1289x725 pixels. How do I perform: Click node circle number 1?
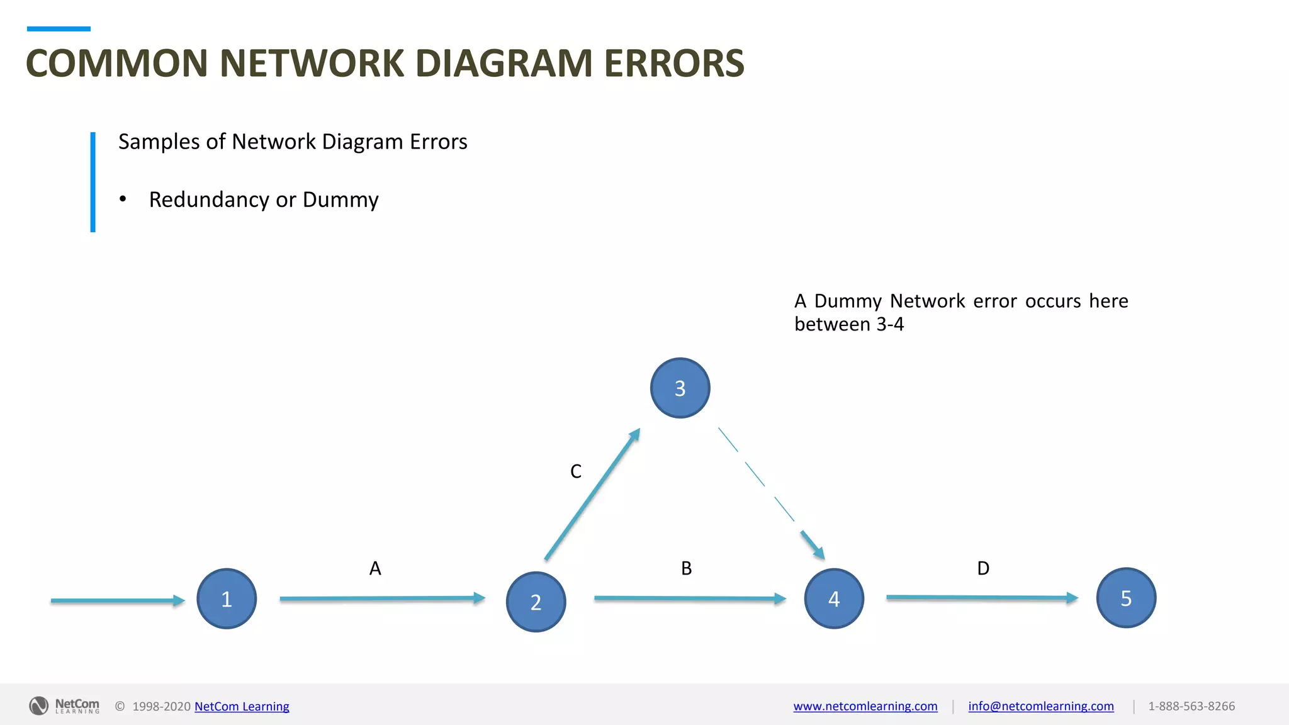click(227, 599)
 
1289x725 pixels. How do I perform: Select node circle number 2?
click(536, 602)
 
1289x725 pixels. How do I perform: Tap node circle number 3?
click(680, 388)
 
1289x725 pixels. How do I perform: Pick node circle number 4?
click(834, 599)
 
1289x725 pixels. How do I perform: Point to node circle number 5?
click(1126, 598)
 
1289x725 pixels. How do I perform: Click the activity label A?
click(375, 568)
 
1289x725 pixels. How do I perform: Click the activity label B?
click(686, 568)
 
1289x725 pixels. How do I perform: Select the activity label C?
click(575, 471)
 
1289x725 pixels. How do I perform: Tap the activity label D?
click(983, 568)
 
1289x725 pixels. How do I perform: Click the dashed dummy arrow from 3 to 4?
click(769, 491)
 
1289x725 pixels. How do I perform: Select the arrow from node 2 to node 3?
click(592, 495)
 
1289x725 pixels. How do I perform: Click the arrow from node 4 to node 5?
click(982, 597)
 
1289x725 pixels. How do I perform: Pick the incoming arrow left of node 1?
click(117, 600)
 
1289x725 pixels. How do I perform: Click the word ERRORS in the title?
click(673, 64)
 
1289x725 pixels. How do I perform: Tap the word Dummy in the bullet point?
click(341, 200)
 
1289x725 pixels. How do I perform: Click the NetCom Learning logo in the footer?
click(64, 705)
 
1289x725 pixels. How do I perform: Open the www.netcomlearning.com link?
click(865, 706)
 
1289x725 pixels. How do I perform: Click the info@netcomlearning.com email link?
click(1040, 706)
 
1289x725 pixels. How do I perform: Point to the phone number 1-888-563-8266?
click(1191, 706)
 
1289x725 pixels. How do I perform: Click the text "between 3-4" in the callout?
click(848, 324)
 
